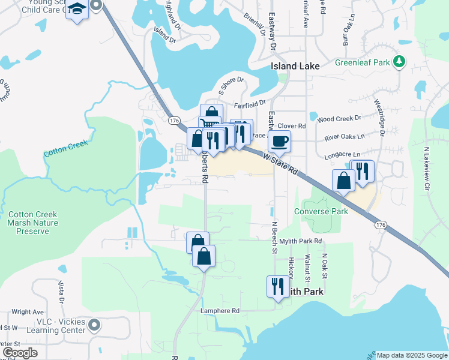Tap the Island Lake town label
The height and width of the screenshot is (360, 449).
tap(295, 66)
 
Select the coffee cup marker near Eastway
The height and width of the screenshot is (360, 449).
tap(279, 142)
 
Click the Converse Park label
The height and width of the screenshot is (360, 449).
tap(321, 211)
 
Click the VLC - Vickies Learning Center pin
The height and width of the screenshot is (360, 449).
tap(94, 326)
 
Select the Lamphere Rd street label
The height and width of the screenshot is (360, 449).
tap(220, 311)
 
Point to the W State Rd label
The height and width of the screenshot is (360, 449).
tap(280, 162)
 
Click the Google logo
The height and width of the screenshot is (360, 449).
tap(19, 353)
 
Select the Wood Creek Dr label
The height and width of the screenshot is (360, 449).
tap(340, 119)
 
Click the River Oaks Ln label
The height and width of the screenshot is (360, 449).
tap(344, 137)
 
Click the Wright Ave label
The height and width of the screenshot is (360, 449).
tap(28, 312)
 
